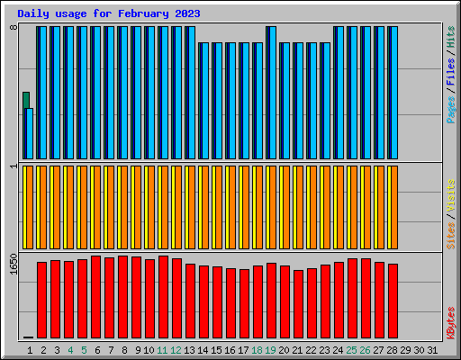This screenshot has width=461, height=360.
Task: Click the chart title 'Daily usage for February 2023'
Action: pyautogui.click(x=109, y=13)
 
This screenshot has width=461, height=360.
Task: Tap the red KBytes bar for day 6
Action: pyautogui.click(x=95, y=297)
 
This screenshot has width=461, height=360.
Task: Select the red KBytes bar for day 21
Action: pyautogui.click(x=298, y=304)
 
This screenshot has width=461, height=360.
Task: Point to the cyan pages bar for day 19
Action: pyautogui.click(x=273, y=93)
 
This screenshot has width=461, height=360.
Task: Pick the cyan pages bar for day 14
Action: pyautogui.click(x=205, y=101)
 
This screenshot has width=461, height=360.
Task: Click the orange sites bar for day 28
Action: pyautogui.click(x=394, y=207)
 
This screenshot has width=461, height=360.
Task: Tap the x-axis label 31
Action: pyautogui.click(x=432, y=350)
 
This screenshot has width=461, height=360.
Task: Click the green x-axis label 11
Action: pyautogui.click(x=162, y=350)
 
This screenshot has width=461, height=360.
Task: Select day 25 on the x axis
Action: pyautogui.click(x=351, y=350)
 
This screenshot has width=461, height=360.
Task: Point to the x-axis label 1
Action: pyautogui.click(x=30, y=350)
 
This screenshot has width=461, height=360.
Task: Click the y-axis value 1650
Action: pyautogui.click(x=14, y=264)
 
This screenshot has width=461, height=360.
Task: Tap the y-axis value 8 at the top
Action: pyautogui.click(x=14, y=27)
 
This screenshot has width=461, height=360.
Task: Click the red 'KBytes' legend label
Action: pyautogui.click(x=451, y=323)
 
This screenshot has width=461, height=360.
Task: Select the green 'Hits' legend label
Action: pyautogui.click(x=451, y=37)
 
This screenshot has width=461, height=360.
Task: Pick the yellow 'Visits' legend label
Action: pyautogui.click(x=451, y=196)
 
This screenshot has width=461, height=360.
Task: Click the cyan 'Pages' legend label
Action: pyautogui.click(x=451, y=110)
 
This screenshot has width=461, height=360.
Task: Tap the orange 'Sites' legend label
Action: pyautogui.click(x=451, y=236)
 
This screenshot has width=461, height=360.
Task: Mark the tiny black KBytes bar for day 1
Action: pyautogui.click(x=28, y=337)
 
